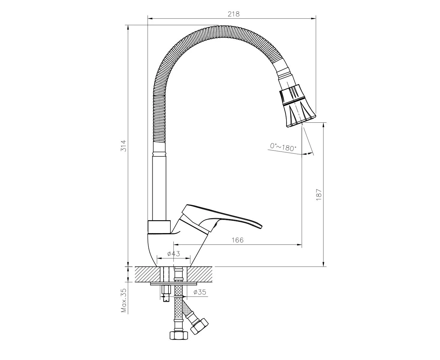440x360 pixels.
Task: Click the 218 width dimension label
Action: [x=233, y=14]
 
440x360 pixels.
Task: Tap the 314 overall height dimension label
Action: [x=124, y=146]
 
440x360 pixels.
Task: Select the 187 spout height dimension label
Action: [x=319, y=194]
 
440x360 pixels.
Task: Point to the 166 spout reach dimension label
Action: [x=238, y=240]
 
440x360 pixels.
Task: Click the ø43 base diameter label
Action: [x=174, y=253]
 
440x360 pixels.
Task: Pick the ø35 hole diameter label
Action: [x=200, y=292]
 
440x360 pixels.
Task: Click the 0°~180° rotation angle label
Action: [x=283, y=147]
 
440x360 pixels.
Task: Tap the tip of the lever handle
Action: [x=262, y=227]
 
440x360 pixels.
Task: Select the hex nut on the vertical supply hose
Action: [x=179, y=341]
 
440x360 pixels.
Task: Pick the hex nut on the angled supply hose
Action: [x=199, y=329]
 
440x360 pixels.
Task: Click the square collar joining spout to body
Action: [x=159, y=227]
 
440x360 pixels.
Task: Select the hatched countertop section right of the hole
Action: [x=200, y=274]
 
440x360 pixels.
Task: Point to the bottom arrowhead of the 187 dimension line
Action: [x=323, y=264]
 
